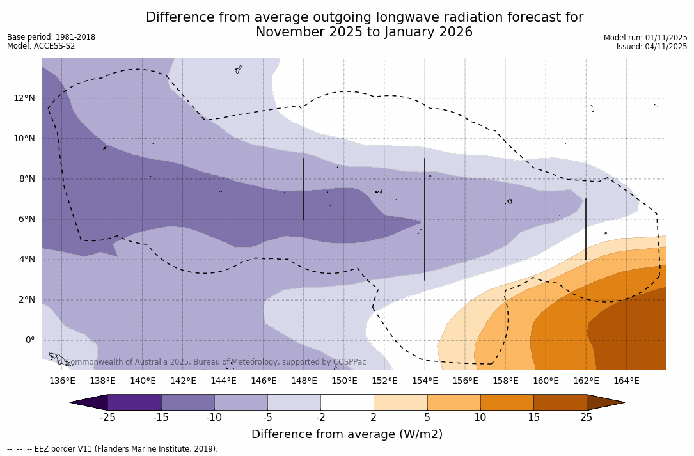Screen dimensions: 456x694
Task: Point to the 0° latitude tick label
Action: (x=30, y=340)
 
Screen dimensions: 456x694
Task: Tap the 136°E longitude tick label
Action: (x=62, y=381)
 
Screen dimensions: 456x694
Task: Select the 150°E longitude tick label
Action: (x=344, y=381)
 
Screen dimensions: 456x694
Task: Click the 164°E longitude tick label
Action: (x=626, y=381)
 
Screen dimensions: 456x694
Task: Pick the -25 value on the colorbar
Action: (x=107, y=418)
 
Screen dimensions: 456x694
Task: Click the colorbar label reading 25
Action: (x=586, y=418)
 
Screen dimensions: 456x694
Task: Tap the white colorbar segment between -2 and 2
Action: (x=347, y=402)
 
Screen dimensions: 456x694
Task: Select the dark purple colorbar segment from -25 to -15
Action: (x=134, y=402)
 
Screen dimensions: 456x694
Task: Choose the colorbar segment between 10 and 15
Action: (x=507, y=402)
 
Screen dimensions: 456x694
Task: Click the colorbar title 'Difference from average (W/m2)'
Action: (x=347, y=434)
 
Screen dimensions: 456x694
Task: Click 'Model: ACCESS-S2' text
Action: (x=41, y=46)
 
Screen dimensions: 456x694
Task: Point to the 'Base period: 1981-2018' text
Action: (x=51, y=37)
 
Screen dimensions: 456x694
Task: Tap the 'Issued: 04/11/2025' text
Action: (x=652, y=47)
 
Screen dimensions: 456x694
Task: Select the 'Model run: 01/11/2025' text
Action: (x=645, y=38)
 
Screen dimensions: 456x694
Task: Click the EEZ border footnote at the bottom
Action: (x=113, y=449)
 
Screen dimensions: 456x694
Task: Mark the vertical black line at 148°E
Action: (x=304, y=189)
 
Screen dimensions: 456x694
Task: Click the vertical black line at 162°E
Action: (x=586, y=229)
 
